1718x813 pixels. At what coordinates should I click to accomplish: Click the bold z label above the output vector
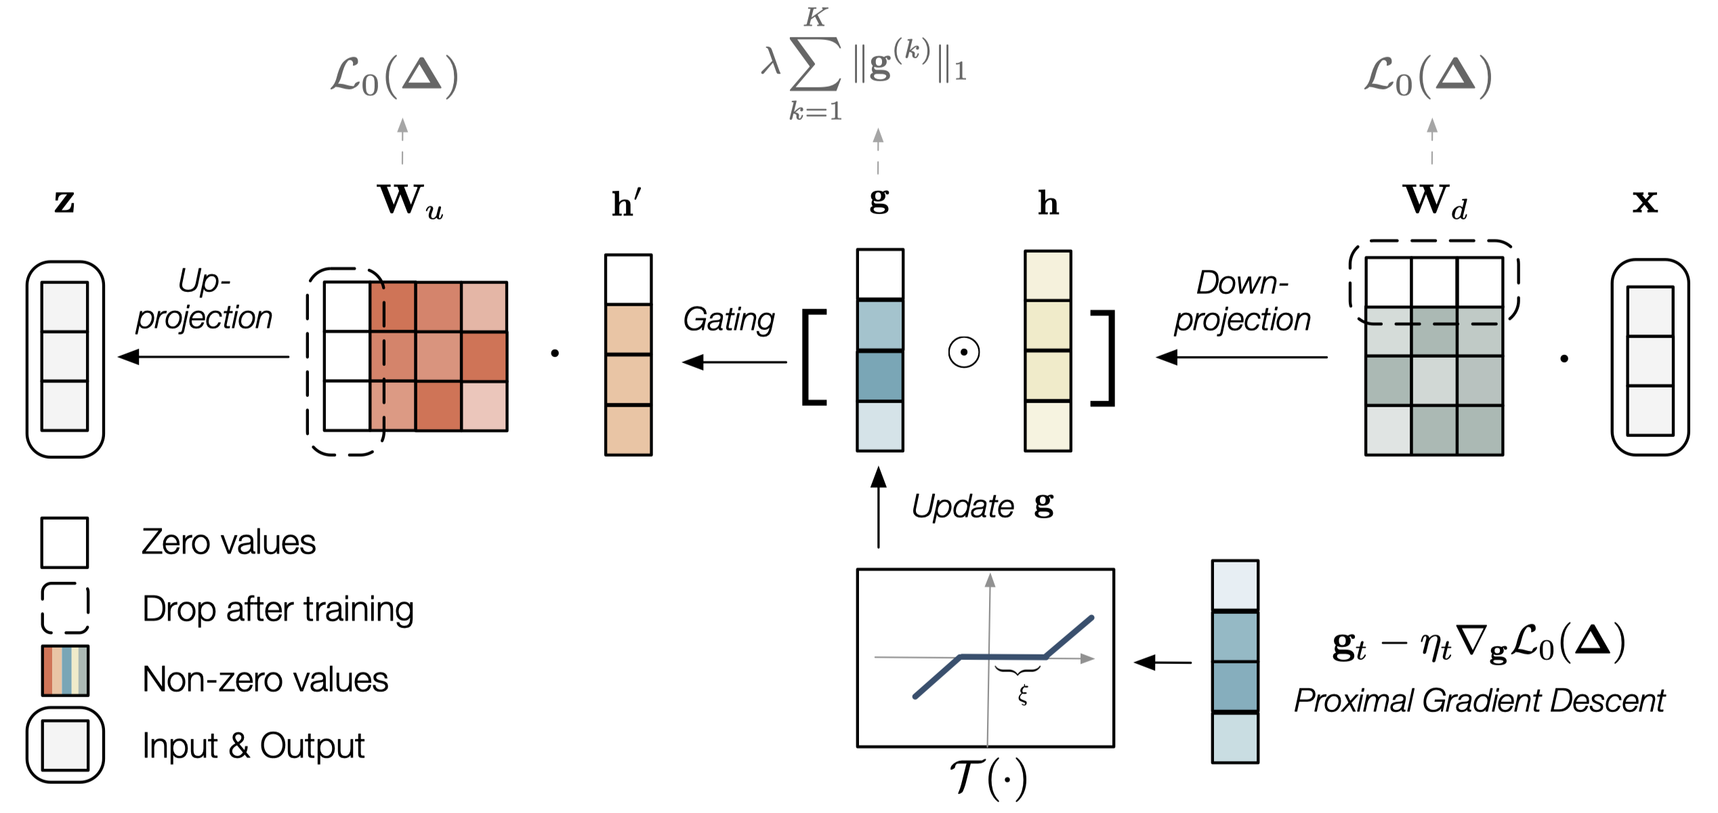click(x=64, y=201)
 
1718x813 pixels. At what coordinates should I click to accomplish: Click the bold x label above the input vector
click(x=1645, y=201)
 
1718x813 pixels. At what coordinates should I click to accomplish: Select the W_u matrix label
click(x=410, y=202)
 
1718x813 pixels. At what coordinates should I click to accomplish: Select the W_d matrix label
click(x=1436, y=202)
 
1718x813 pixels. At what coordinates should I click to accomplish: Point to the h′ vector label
click(x=627, y=204)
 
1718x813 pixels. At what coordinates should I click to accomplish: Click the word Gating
click(x=728, y=320)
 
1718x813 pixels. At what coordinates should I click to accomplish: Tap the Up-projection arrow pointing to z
click(x=203, y=357)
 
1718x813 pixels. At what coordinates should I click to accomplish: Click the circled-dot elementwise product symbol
click(x=964, y=352)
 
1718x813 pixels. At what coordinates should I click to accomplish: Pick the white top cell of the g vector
click(x=880, y=274)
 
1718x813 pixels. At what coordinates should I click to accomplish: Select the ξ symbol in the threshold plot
click(x=1023, y=694)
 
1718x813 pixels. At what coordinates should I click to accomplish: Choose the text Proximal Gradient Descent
click(x=1479, y=701)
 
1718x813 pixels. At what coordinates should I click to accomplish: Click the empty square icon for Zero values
click(x=64, y=543)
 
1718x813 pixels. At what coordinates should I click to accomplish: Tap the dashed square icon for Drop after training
click(x=65, y=608)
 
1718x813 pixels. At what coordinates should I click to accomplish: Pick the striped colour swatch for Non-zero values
click(x=65, y=671)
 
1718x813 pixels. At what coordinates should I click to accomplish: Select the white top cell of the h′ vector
click(x=628, y=279)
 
